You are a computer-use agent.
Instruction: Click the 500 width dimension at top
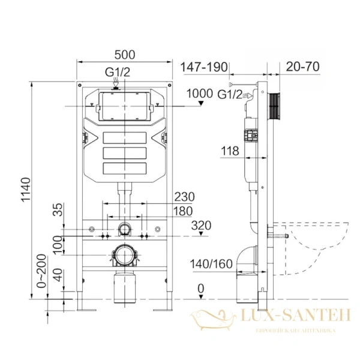(124, 55)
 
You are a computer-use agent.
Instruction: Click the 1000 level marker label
(199, 93)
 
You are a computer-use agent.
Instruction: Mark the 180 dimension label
(182, 211)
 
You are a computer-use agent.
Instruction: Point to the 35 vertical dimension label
(58, 210)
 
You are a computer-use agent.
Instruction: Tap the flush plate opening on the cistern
(124, 106)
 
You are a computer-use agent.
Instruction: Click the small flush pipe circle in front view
(124, 229)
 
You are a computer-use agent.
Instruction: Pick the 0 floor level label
(201, 289)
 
